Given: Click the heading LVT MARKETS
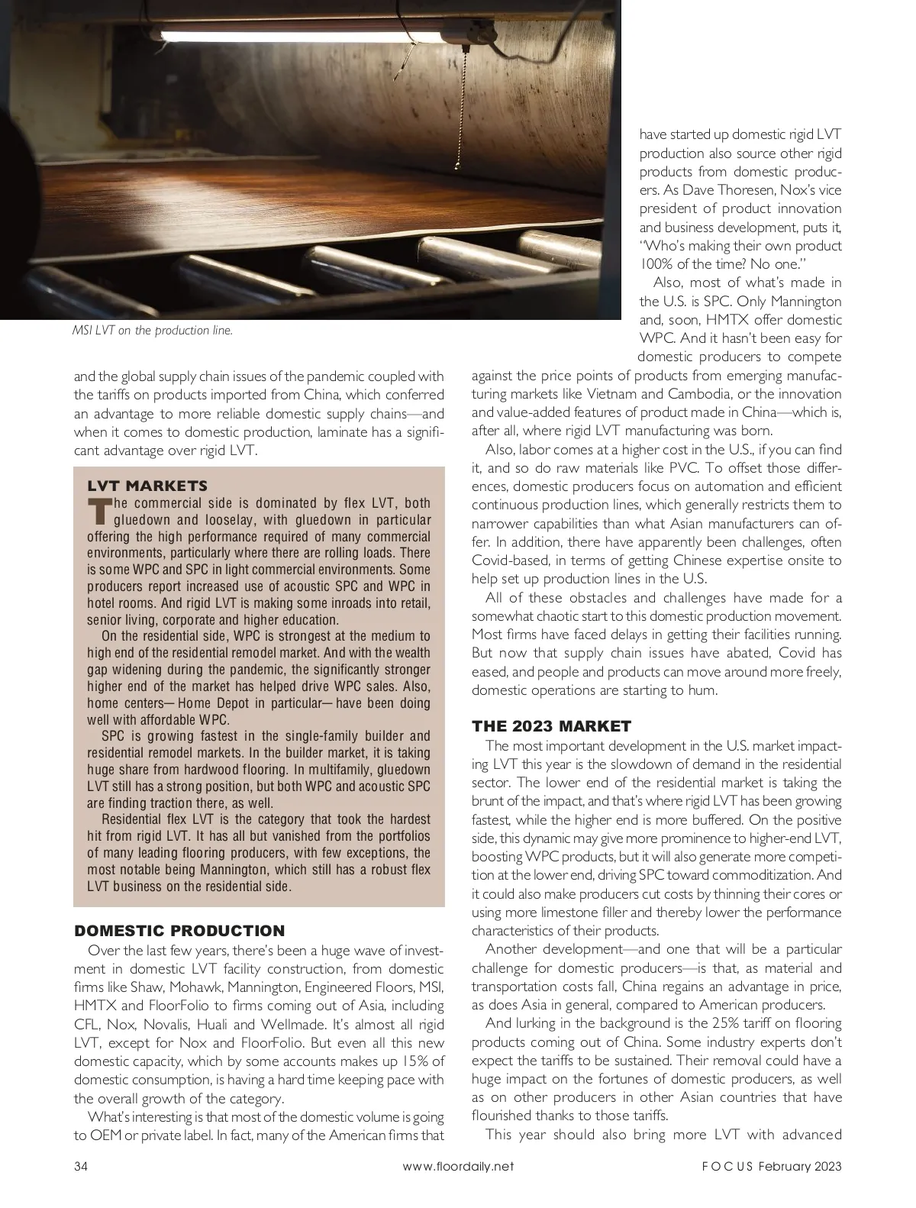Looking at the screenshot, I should (x=147, y=486).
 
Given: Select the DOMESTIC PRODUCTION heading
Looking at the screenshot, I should (x=179, y=931).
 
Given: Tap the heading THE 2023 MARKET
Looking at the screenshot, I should (x=551, y=725).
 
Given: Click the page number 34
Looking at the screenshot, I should (x=81, y=1166).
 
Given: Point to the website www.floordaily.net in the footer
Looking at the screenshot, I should (x=458, y=1166).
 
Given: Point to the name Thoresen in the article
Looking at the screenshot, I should (x=763, y=190).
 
